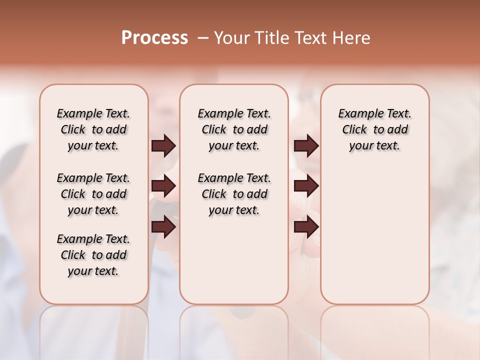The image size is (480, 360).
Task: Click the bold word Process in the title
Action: (x=154, y=38)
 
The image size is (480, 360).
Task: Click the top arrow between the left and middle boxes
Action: (x=163, y=146)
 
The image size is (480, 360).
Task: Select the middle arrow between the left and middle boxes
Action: (x=163, y=186)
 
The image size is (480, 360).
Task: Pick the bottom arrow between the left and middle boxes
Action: (x=163, y=227)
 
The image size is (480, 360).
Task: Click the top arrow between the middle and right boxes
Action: (x=306, y=146)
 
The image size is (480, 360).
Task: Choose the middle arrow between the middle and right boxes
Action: (x=306, y=186)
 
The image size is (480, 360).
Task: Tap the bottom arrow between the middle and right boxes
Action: (x=306, y=227)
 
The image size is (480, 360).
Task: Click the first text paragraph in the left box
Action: (x=93, y=129)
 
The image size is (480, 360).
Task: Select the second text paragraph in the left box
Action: (x=93, y=194)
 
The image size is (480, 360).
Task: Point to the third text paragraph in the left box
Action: (x=93, y=255)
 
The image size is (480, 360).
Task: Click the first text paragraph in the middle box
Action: (x=234, y=129)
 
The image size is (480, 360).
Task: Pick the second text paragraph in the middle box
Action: (x=234, y=194)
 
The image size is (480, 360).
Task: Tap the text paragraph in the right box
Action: (x=374, y=129)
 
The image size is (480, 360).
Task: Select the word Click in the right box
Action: (x=354, y=130)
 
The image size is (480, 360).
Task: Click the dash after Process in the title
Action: (x=203, y=38)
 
